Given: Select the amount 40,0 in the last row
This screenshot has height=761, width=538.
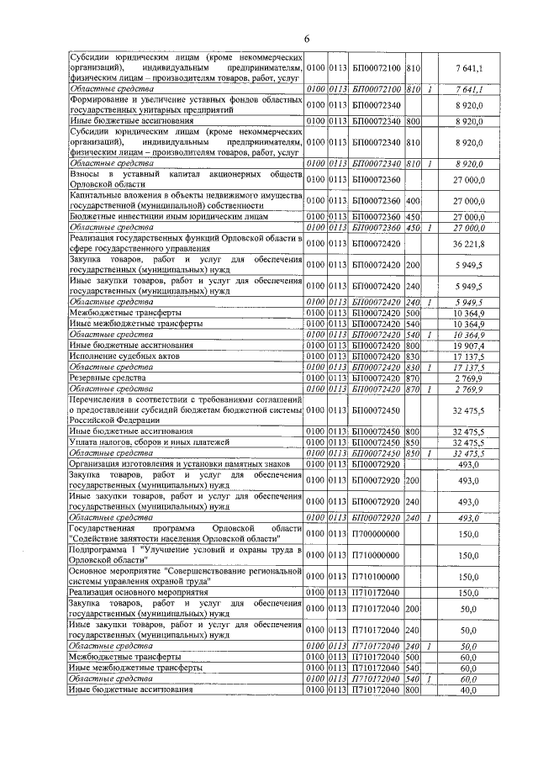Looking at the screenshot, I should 468,690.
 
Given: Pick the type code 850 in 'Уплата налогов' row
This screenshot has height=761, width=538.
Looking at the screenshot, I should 412,441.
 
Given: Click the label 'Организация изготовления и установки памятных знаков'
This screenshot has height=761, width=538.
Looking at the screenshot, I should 181,463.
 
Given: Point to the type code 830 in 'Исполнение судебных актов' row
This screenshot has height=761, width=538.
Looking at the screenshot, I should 412,356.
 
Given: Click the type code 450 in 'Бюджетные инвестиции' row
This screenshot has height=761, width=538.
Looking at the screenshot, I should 412,216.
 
